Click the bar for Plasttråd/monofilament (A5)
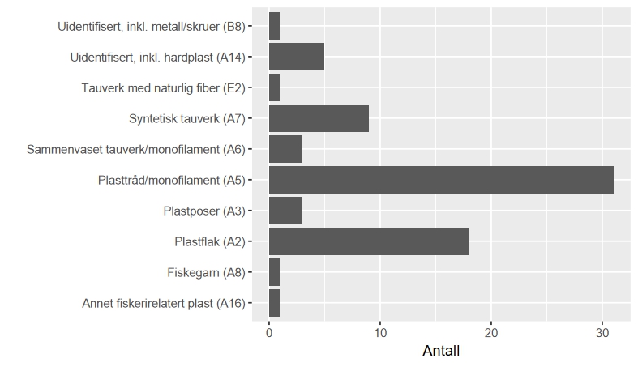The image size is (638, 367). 441,180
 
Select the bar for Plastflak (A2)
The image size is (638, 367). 369,241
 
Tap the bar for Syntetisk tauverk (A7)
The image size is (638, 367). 319,118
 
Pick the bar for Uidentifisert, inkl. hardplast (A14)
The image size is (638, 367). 297,57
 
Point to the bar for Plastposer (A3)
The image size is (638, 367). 285,211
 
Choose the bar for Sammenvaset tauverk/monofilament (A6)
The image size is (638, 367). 285,149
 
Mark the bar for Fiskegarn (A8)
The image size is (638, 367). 275,272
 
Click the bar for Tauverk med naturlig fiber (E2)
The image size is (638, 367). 275,87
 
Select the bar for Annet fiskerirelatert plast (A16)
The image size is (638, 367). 275,303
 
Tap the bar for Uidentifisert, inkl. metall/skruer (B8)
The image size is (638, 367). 275,26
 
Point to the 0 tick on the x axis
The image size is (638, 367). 269,332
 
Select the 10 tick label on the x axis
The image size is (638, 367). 380,332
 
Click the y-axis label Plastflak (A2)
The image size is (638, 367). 209,241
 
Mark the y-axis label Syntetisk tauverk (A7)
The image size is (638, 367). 186,118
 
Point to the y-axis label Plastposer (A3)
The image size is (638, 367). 203,211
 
